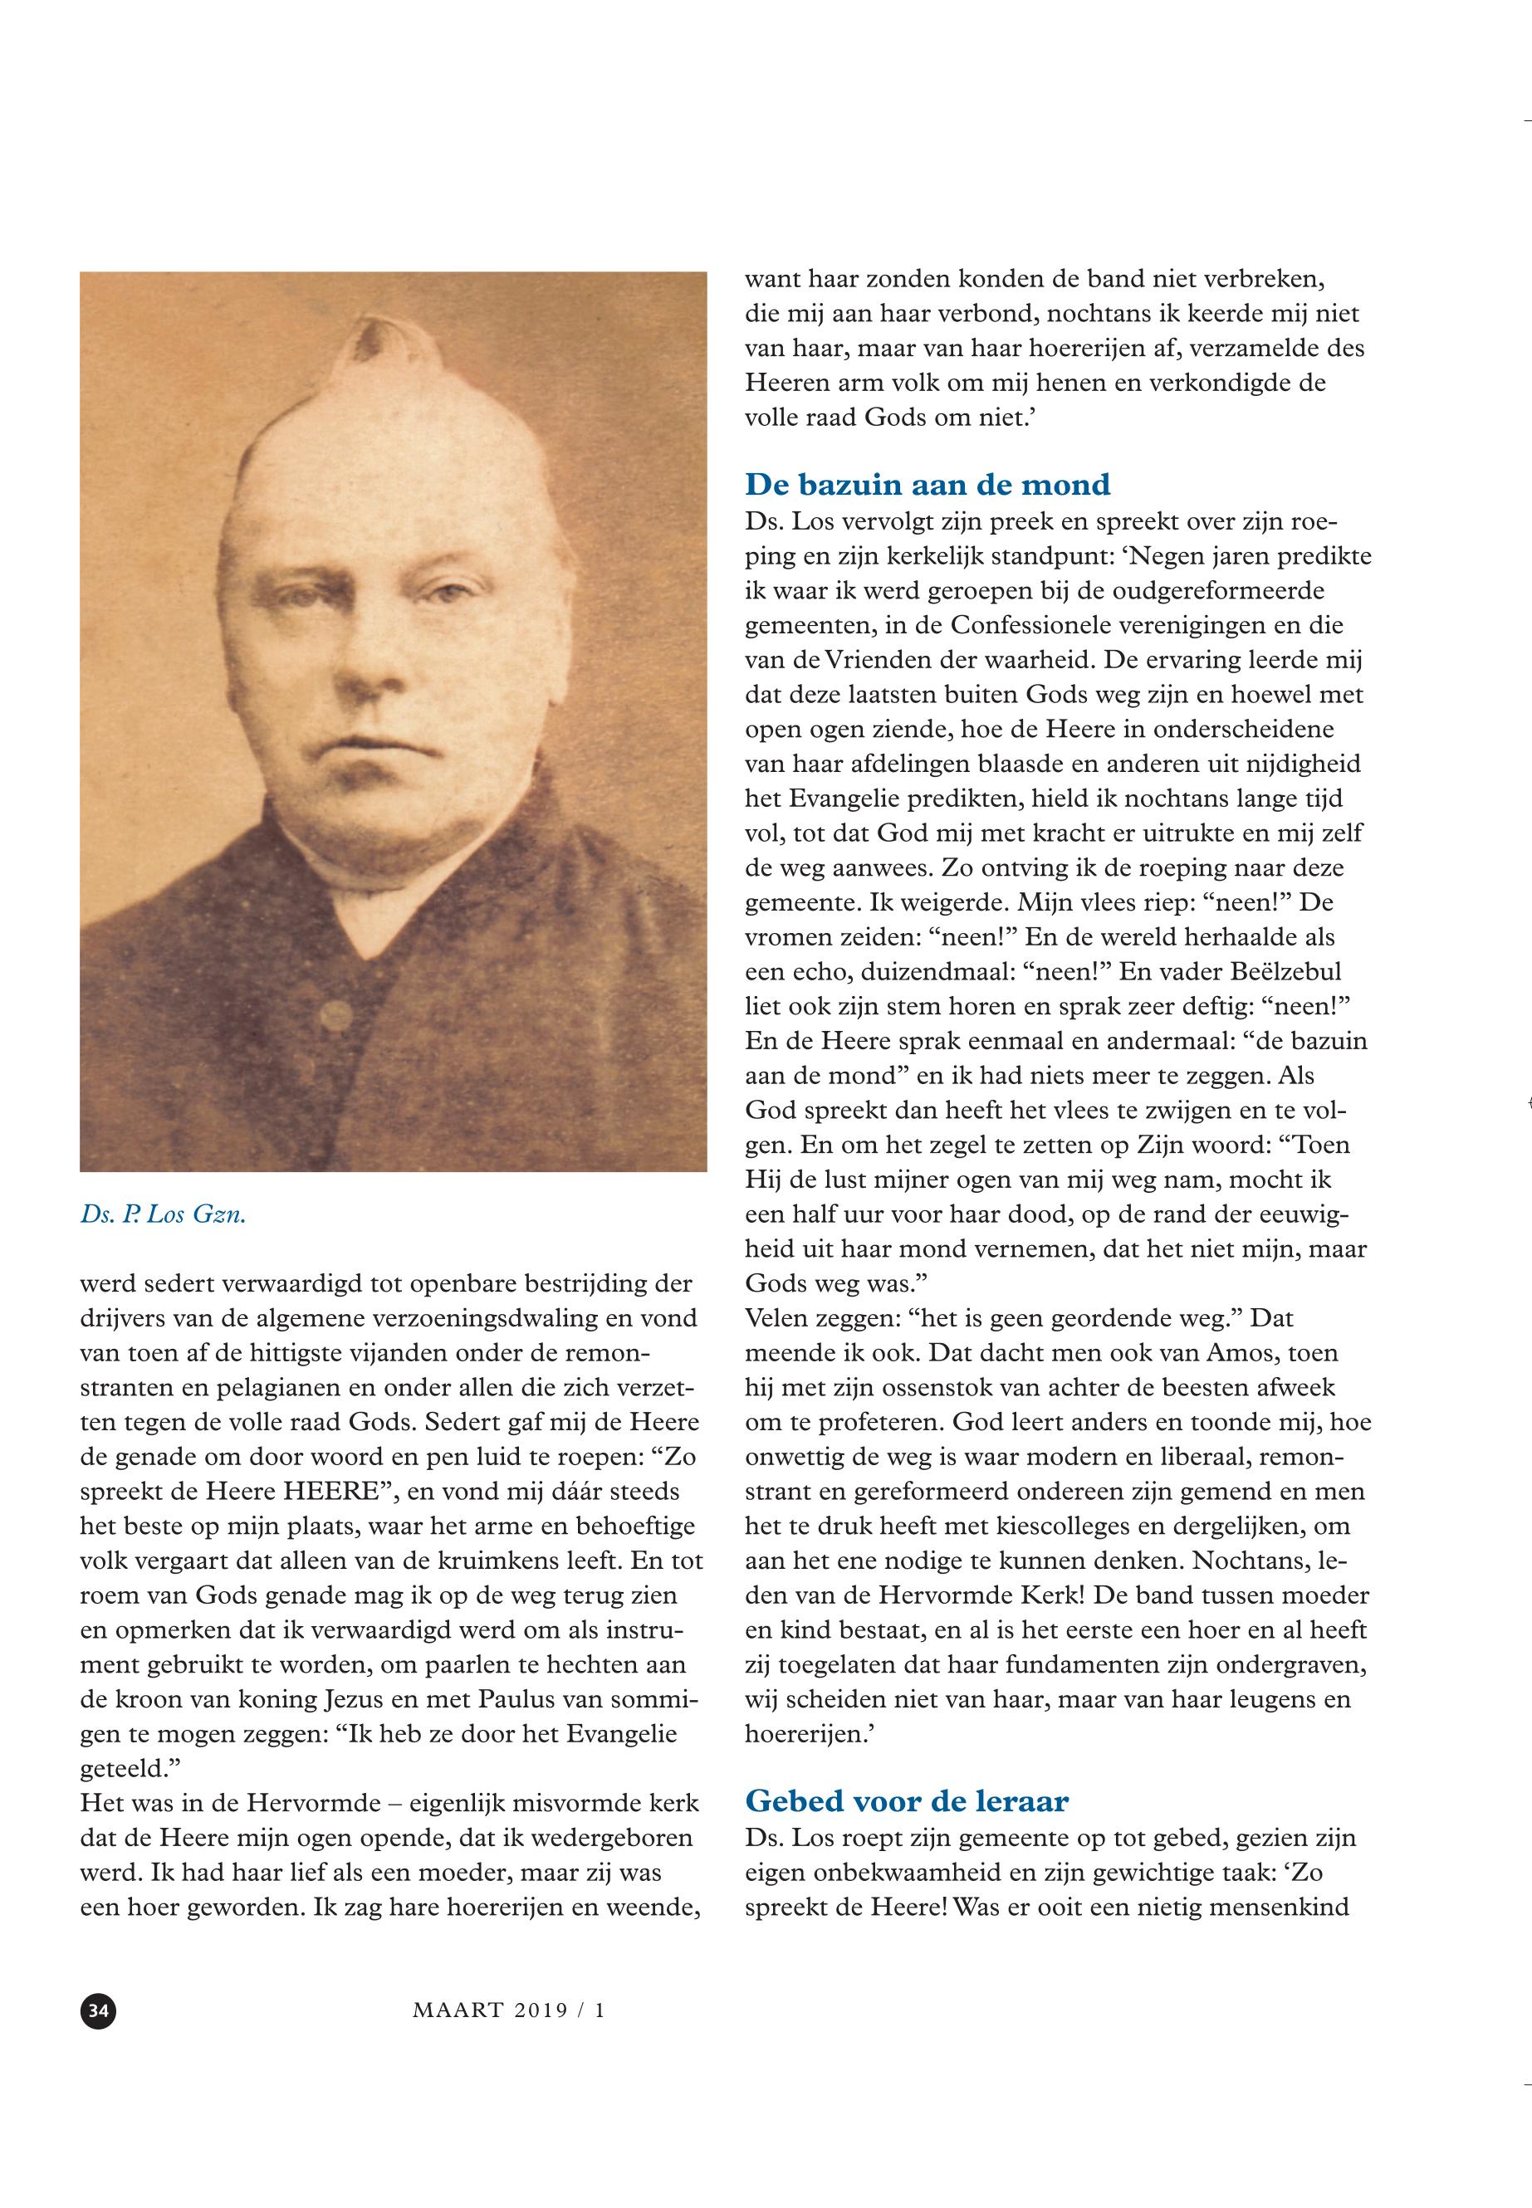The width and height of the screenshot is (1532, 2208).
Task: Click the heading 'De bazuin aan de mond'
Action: (928, 485)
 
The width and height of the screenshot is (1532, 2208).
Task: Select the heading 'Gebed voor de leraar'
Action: (906, 1801)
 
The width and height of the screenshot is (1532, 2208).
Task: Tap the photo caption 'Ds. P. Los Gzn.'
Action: (164, 1215)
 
